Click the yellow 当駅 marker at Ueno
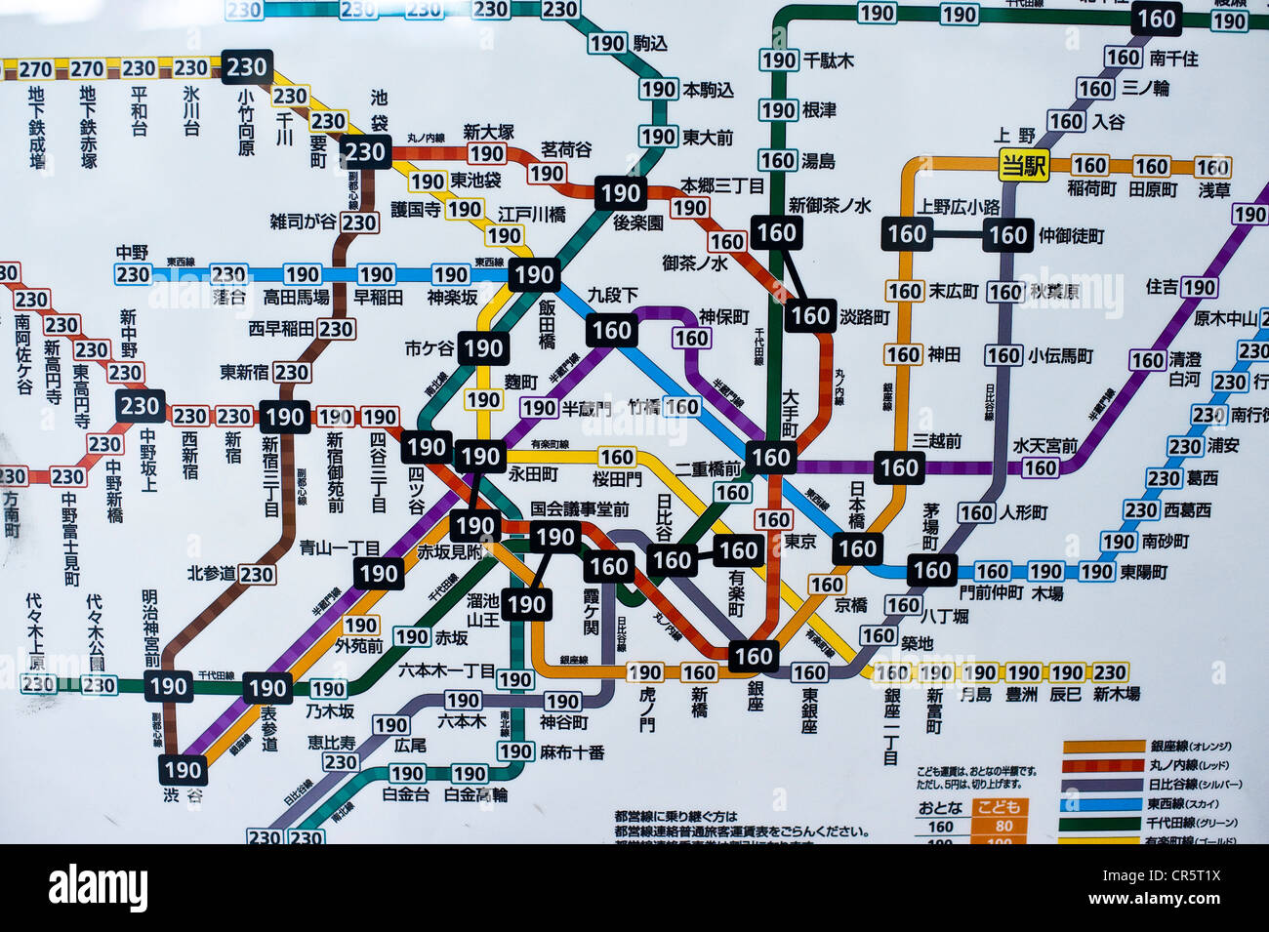(1023, 166)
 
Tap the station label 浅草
(1214, 189)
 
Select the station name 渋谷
(183, 795)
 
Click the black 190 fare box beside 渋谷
(183, 769)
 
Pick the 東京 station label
(800, 541)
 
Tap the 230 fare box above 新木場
(1109, 672)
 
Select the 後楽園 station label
(638, 223)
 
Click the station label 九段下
(612, 294)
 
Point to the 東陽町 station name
(1143, 572)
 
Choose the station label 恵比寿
(331, 742)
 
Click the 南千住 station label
(1173, 59)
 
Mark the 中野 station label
(132, 253)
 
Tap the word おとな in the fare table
(940, 807)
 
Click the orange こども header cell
(1001, 807)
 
